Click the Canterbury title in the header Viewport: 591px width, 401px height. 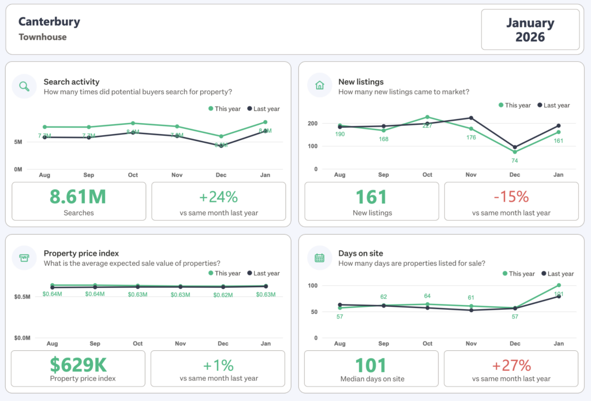click(49, 22)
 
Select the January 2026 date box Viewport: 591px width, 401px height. click(530, 30)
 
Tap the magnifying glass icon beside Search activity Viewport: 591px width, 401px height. click(24, 87)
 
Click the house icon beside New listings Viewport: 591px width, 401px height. click(319, 86)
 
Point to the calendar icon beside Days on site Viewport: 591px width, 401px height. click(319, 258)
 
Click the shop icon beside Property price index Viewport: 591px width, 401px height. click(24, 258)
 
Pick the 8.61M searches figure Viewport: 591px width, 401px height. click(78, 196)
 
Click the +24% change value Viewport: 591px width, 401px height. click(219, 196)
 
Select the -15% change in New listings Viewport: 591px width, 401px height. click(511, 196)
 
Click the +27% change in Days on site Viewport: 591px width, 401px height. click(511, 365)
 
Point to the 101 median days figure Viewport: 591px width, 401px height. click(371, 365)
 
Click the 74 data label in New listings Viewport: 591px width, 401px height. click(514, 161)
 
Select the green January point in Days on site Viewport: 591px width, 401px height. click(559, 285)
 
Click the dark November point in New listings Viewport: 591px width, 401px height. click(471, 118)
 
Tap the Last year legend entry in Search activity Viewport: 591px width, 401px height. click(263, 109)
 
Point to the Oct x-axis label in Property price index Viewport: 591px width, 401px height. click(137, 343)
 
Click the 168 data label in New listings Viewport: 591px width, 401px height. click(383, 139)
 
